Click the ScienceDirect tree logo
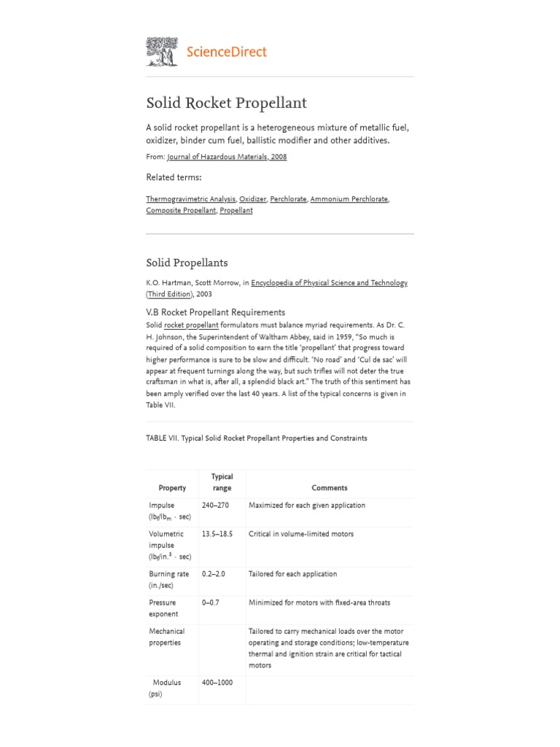pyautogui.click(x=162, y=52)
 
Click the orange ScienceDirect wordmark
pyautogui.click(x=227, y=52)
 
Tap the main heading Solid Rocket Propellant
pyautogui.click(x=226, y=103)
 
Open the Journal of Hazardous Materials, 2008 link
pyautogui.click(x=227, y=157)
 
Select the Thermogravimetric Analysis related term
pyautogui.click(x=190, y=198)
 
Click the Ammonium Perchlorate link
pyautogui.click(x=349, y=198)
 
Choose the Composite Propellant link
pyautogui.click(x=181, y=210)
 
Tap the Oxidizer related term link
pyautogui.click(x=253, y=198)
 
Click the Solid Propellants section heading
pyautogui.click(x=187, y=263)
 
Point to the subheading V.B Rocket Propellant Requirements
pyautogui.click(x=215, y=312)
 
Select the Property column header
pyautogui.click(x=172, y=488)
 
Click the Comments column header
pyautogui.click(x=330, y=488)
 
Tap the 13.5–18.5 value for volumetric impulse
pyautogui.click(x=217, y=534)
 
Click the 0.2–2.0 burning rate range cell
pyautogui.click(x=213, y=574)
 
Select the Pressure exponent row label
pyautogui.click(x=163, y=608)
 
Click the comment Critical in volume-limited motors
pyautogui.click(x=300, y=534)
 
